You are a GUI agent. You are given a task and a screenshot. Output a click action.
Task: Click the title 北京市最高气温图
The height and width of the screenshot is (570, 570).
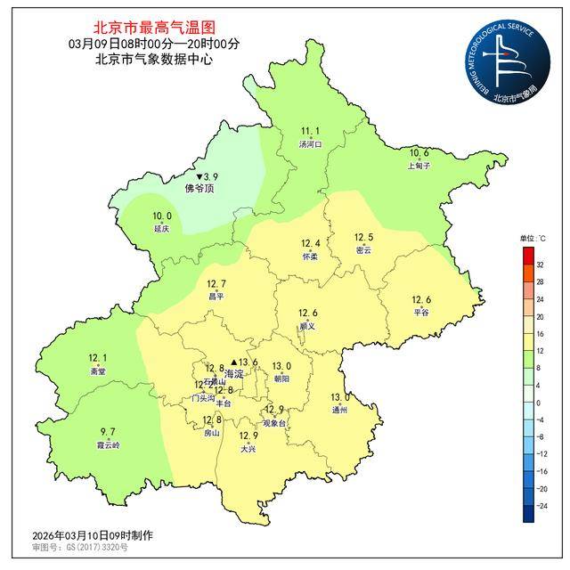point(154,28)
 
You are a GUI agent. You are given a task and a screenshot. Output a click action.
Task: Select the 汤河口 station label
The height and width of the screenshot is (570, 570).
point(310,143)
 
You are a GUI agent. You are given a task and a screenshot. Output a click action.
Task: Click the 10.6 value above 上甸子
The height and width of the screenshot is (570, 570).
point(419,152)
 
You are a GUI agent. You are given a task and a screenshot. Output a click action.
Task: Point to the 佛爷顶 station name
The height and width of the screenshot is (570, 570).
point(199,189)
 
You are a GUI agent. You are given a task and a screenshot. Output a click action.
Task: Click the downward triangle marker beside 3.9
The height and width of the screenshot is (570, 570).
point(199,177)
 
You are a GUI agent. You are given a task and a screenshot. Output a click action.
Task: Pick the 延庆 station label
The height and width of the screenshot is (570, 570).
point(161,228)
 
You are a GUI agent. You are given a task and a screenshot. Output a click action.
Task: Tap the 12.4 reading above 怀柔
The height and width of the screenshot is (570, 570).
point(310,244)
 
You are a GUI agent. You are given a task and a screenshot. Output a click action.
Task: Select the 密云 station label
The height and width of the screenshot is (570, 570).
point(363,250)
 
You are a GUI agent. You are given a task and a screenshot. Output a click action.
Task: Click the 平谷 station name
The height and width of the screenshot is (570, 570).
point(421,313)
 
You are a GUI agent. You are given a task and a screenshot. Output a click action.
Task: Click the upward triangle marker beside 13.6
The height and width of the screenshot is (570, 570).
point(234,362)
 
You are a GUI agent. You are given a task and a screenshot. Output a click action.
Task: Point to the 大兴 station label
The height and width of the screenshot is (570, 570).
point(248,450)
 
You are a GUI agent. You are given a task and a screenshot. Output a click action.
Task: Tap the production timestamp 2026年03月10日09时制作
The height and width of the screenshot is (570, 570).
point(93,535)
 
